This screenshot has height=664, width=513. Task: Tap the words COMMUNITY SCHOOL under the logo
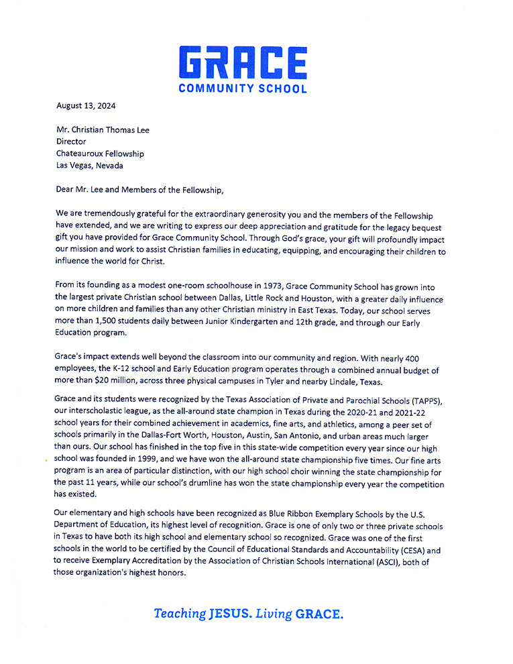pyautogui.click(x=243, y=88)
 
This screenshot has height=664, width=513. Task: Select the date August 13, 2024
pyautogui.click(x=85, y=105)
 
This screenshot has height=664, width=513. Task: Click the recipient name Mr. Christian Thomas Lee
pyautogui.click(x=103, y=130)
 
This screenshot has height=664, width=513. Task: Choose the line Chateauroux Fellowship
pyautogui.click(x=100, y=154)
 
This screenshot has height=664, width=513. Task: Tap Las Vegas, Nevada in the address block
pyautogui.click(x=90, y=166)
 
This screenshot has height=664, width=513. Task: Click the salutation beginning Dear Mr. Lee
pyautogui.click(x=139, y=190)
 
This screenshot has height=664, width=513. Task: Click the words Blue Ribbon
pyautogui.click(x=313, y=514)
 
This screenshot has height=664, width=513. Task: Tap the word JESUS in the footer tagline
pyautogui.click(x=230, y=613)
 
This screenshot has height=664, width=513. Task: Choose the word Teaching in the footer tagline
pyautogui.click(x=179, y=613)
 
